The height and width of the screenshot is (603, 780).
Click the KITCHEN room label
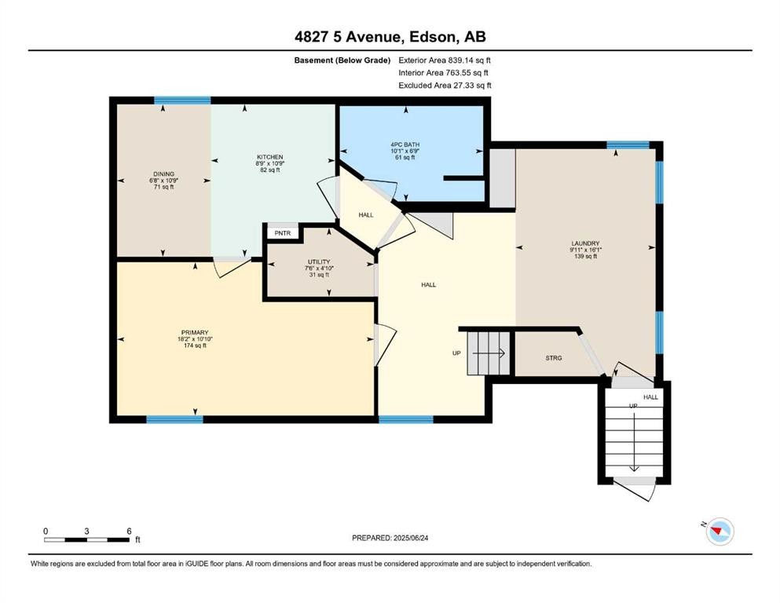pos(269,157)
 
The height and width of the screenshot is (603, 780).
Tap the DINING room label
pos(164,174)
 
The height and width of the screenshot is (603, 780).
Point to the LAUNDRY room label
pos(585,243)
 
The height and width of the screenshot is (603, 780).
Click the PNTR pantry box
pos(280,233)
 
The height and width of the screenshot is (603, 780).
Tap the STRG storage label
pos(554,358)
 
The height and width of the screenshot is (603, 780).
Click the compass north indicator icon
pos(718,532)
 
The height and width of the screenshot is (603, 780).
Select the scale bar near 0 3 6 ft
pos(86,539)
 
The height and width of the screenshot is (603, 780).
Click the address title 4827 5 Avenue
pos(390,37)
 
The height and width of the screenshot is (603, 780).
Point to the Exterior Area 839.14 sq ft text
pos(445,60)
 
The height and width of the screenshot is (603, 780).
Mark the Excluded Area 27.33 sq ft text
pos(445,85)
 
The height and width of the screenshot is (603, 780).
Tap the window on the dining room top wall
pos(182,100)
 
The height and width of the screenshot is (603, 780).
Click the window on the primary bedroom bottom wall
pos(174,419)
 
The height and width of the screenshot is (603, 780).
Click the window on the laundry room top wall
pos(628,145)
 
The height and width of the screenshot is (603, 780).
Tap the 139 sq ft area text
pos(585,256)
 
